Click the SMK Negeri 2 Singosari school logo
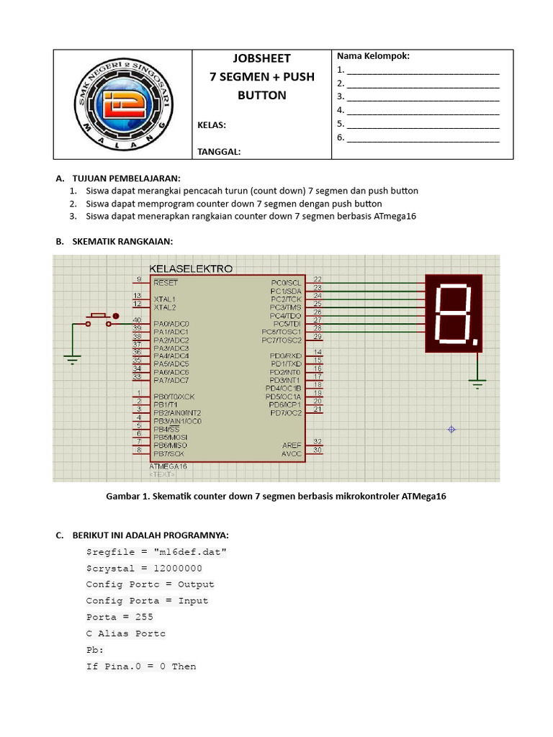[x=122, y=104]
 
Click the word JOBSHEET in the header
[x=262, y=58]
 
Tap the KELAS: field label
[x=212, y=125]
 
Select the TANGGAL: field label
[x=219, y=152]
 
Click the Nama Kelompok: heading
[x=373, y=56]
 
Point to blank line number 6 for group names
[x=422, y=137]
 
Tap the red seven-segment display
[x=454, y=312]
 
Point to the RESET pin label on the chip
[x=165, y=283]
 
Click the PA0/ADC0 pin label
[x=171, y=324]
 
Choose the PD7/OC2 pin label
[x=285, y=413]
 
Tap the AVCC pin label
[x=292, y=454]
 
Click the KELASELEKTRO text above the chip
[x=190, y=268]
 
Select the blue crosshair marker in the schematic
[x=451, y=429]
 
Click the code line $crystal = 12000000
[x=144, y=568]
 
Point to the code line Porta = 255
[x=120, y=617]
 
